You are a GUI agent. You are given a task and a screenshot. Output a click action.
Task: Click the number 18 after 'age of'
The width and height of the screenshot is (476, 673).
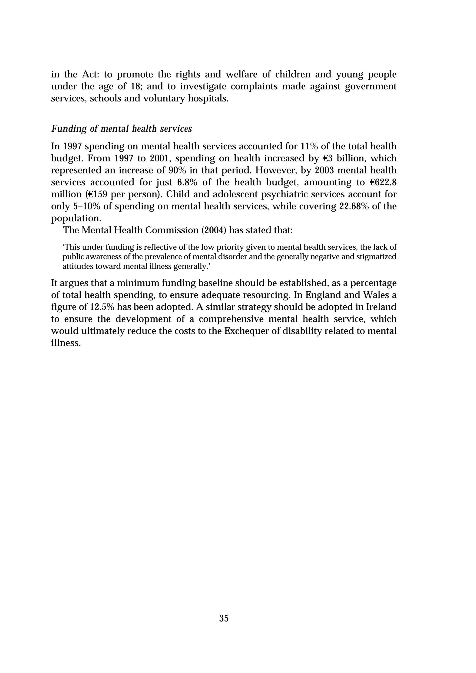[133, 86]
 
